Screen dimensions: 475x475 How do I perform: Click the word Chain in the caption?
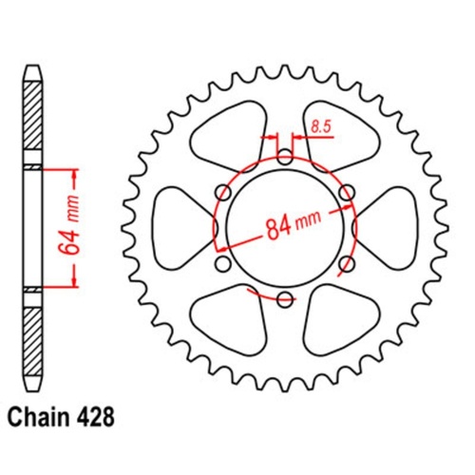coord(40,416)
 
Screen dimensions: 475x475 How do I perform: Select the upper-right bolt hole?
coord(347,193)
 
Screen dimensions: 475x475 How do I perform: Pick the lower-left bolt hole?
coord(223,264)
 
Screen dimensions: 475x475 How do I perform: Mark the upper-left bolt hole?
coord(223,193)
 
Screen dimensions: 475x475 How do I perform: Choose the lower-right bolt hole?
coord(347,264)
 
